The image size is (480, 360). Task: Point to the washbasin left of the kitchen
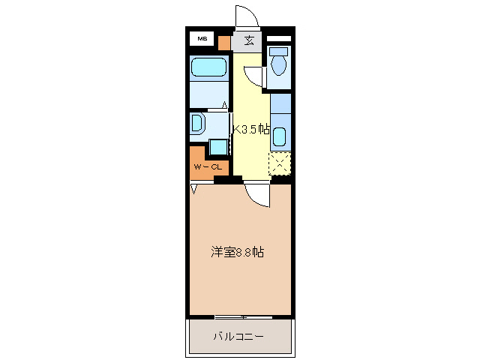point(197,124)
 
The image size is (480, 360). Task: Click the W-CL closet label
point(207,166)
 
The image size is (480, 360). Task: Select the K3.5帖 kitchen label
point(251,129)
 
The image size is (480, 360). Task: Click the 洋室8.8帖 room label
point(236,253)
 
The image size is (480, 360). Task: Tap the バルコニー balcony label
point(238,337)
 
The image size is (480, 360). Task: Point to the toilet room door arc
point(255,75)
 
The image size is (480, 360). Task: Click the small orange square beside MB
point(223,41)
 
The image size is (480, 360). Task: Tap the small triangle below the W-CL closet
point(193,189)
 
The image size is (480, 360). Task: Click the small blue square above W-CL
point(218,146)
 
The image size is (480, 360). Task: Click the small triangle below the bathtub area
point(224,106)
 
